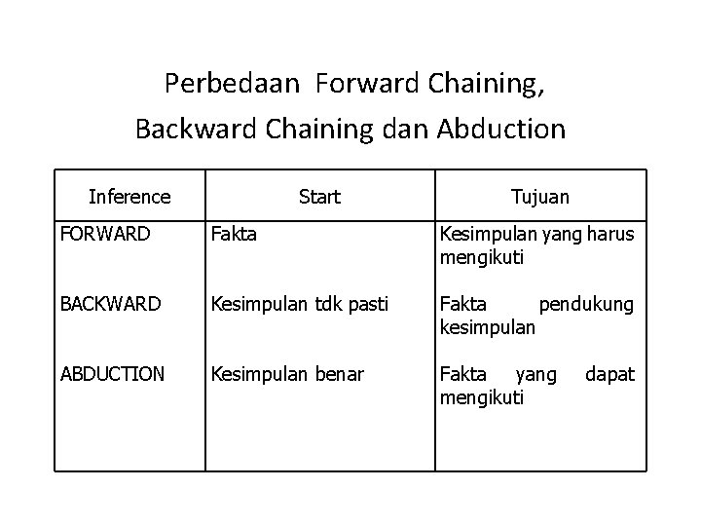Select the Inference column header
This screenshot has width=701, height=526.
tap(129, 197)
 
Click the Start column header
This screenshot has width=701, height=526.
tap(319, 197)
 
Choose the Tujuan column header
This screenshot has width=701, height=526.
tap(540, 197)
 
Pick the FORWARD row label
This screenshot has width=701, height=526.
tap(105, 235)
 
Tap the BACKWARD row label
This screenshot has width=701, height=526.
tap(110, 305)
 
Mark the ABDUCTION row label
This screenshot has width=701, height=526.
tap(112, 374)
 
